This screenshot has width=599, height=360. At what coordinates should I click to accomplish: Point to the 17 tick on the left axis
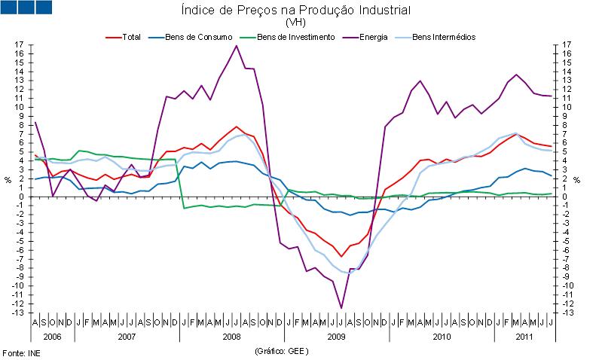[x=20, y=45]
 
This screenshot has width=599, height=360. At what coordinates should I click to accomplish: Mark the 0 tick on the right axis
[x=556, y=197]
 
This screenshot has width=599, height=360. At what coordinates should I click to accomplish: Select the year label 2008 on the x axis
[x=232, y=336]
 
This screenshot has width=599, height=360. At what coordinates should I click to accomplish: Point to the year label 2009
[x=337, y=336]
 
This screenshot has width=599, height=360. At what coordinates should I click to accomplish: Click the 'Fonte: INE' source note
[x=20, y=352]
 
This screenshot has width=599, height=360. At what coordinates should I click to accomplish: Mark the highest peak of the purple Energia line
[x=237, y=46]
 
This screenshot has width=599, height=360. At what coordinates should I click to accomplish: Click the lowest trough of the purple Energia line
[x=341, y=308]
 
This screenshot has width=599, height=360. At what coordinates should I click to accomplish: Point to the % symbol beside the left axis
[x=8, y=180]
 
